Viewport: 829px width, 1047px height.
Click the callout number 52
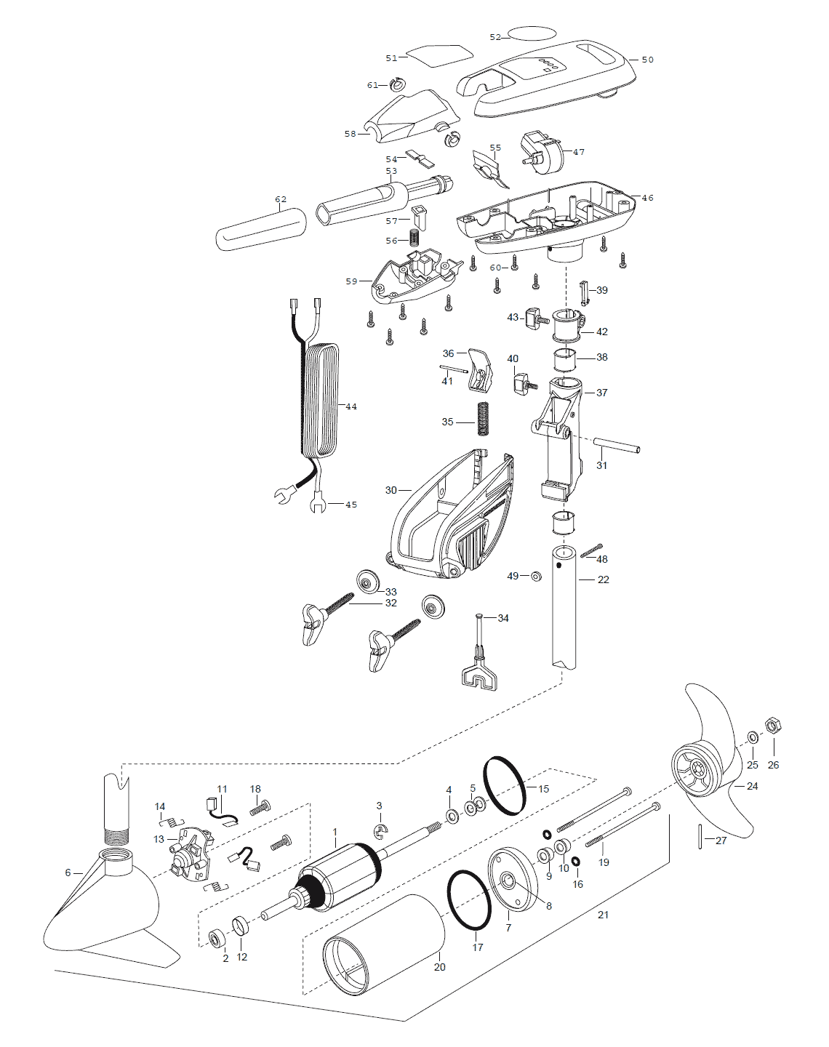tap(495, 37)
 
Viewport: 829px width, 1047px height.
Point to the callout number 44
tap(351, 406)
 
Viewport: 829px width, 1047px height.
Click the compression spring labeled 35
tap(482, 418)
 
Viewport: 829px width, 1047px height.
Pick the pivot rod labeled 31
tap(616, 446)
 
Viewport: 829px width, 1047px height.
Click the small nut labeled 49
tap(537, 577)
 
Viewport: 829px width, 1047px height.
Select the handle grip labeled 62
tap(261, 229)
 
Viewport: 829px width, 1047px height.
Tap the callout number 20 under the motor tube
tap(439, 967)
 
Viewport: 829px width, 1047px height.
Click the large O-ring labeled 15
tap(505, 786)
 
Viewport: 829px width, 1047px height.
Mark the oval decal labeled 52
tap(531, 35)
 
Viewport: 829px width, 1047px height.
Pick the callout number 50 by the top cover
tap(647, 60)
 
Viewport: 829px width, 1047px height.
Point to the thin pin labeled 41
tap(453, 369)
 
